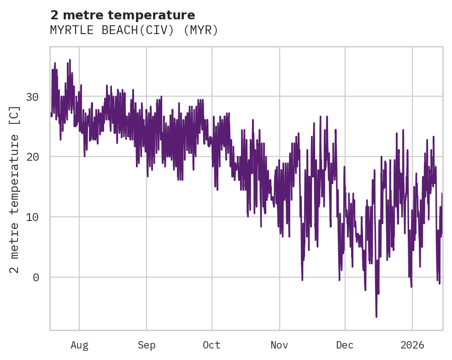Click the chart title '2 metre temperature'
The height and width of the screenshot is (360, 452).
(x=123, y=15)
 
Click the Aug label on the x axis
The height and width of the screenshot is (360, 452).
(x=79, y=345)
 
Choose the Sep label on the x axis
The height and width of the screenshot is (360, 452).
(x=147, y=345)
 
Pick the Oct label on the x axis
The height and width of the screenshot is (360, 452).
(x=212, y=345)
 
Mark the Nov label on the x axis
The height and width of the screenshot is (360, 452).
(x=279, y=345)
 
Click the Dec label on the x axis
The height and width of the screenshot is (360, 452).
(x=345, y=345)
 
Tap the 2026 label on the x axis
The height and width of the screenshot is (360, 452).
(x=412, y=345)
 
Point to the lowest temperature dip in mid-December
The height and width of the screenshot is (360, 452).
(x=376, y=316)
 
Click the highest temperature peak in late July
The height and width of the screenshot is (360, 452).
(x=70, y=60)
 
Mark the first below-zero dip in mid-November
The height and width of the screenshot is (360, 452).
(x=302, y=279)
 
